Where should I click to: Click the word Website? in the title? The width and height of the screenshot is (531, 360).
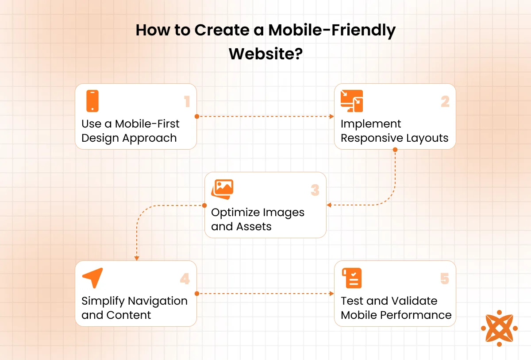(266, 54)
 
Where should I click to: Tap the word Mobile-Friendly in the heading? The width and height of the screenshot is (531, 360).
(332, 31)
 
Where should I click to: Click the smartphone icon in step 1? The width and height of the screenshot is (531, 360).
(92, 101)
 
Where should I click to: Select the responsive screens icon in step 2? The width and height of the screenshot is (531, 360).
(352, 101)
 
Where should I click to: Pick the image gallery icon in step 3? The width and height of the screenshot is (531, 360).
(222, 189)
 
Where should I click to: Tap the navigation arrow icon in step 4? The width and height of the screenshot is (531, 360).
(92, 278)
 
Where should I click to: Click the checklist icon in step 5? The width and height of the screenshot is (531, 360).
(352, 278)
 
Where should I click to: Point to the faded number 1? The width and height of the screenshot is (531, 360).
(187, 101)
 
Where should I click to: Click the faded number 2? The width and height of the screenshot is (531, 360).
(445, 101)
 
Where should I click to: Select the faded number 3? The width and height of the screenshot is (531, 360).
(315, 190)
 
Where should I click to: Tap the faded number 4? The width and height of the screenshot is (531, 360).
(185, 279)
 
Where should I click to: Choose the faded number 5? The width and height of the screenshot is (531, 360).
(445, 279)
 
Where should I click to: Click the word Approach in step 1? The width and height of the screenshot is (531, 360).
(150, 139)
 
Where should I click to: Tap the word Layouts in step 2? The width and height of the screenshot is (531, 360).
(427, 139)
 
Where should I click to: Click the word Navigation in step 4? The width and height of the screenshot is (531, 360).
(158, 302)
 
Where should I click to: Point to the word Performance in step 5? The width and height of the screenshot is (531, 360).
(416, 315)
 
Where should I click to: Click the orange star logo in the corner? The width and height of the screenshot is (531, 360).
(499, 328)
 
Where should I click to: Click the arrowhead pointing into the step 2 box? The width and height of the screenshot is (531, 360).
(332, 116)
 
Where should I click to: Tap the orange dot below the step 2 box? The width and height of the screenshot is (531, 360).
(395, 150)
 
